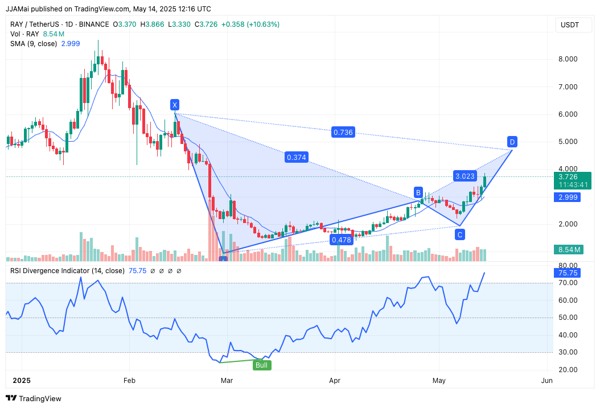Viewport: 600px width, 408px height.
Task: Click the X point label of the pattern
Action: (x=175, y=105)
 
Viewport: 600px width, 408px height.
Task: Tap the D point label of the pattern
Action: (x=512, y=141)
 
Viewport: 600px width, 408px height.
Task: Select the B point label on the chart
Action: (x=418, y=192)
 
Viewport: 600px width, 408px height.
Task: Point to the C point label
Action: (x=459, y=234)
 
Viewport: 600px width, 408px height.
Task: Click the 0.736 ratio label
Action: (x=343, y=132)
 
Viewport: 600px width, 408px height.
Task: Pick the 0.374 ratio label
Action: (x=296, y=157)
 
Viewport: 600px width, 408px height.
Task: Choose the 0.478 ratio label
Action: (x=341, y=240)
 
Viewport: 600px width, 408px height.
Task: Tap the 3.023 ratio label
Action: (x=465, y=176)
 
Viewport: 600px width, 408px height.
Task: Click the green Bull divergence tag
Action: (x=262, y=365)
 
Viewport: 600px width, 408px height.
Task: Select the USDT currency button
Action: (x=569, y=25)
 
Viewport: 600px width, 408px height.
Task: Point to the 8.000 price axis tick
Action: (x=568, y=59)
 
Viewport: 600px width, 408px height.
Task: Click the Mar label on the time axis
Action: (x=227, y=380)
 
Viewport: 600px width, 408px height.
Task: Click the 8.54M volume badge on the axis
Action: (x=569, y=249)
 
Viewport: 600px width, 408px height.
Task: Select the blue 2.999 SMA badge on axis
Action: (x=569, y=197)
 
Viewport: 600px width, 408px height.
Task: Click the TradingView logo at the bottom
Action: (x=34, y=398)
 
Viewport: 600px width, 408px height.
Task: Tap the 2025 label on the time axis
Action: (x=22, y=380)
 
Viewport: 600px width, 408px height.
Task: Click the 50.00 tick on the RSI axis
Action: (x=568, y=318)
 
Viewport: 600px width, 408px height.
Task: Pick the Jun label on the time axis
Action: (x=546, y=380)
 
